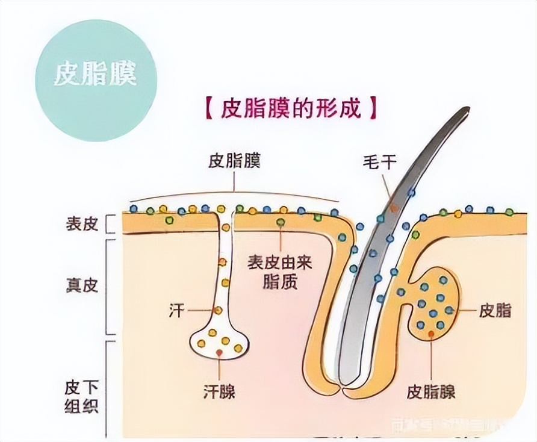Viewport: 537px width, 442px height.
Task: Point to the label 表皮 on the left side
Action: pyautogui.click(x=82, y=224)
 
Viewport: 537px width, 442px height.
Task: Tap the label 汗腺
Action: pyautogui.click(x=219, y=392)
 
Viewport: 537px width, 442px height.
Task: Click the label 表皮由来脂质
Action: pyautogui.click(x=281, y=272)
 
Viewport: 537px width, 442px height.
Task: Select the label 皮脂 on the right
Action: pyautogui.click(x=495, y=311)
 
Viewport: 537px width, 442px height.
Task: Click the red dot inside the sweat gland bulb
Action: pyautogui.click(x=220, y=352)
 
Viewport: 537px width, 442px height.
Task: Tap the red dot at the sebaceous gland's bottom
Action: pyautogui.click(x=431, y=333)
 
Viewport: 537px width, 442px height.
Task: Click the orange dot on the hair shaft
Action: pyautogui.click(x=394, y=208)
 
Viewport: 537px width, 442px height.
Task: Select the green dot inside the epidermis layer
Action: pyautogui.click(x=281, y=223)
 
